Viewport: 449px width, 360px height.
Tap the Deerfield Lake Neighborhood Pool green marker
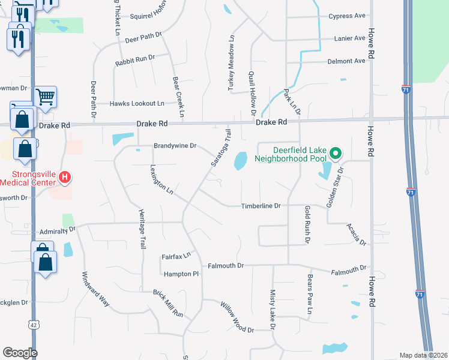pos(336,154)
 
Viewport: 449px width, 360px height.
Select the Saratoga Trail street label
pos(220,148)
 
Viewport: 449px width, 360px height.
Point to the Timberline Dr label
pos(261,206)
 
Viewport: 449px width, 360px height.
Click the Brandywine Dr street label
pos(175,146)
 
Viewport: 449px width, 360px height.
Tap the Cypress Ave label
pos(347,16)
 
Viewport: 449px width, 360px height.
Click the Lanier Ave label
pos(350,38)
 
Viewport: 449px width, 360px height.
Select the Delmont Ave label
pos(346,61)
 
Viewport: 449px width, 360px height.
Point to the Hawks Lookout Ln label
pos(137,104)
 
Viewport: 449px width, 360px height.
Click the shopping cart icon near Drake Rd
pos(46,96)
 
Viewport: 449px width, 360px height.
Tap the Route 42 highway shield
pos(32,324)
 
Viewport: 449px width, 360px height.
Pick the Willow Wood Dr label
pos(237,317)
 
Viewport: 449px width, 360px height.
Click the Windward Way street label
pos(96,290)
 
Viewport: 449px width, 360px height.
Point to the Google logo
pos(20,353)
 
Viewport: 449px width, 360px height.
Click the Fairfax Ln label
pos(176,256)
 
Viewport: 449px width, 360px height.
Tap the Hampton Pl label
pos(181,274)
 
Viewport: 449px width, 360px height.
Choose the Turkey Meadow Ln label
pos(230,62)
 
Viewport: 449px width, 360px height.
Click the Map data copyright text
pos(423,355)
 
